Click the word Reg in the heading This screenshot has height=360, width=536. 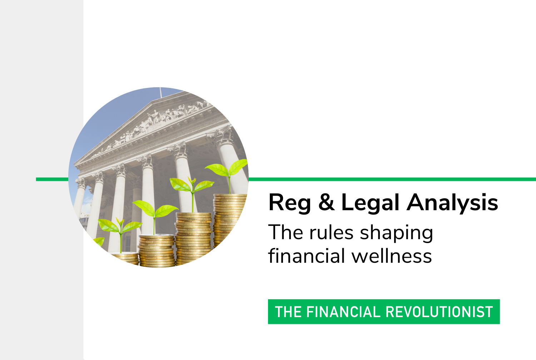[x=289, y=203]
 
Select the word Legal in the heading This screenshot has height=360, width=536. [x=370, y=203]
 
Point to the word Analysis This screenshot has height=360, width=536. [x=452, y=203]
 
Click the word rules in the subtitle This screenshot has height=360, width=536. [x=331, y=232]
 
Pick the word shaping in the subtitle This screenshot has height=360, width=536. [x=397, y=233]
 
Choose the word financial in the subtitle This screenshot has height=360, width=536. [x=307, y=255]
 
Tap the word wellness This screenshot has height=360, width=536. [x=392, y=255]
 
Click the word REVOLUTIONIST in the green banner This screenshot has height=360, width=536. [x=439, y=312]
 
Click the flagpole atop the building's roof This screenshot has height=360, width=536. [x=160, y=92]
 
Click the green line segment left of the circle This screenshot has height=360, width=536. [x=52, y=179]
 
